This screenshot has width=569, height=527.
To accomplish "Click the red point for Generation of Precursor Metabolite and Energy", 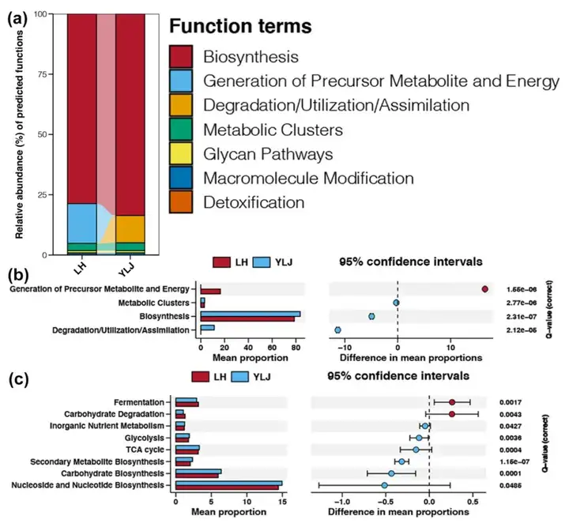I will coord(484,290).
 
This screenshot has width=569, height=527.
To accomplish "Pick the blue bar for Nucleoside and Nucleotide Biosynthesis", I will coord(228,482).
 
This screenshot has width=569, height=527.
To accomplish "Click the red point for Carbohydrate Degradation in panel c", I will coord(451,414).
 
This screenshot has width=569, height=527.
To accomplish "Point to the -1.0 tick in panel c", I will coord(341,502).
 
